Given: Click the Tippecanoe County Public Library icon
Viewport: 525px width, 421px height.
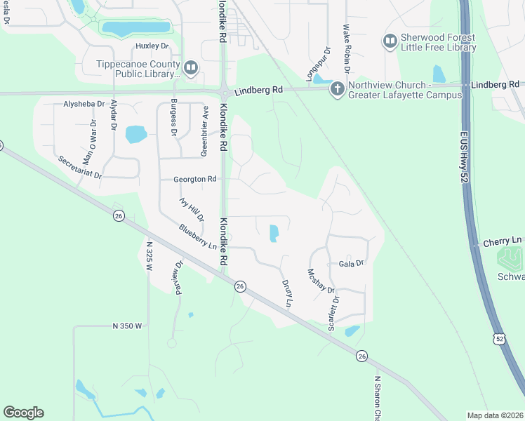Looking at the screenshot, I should (191, 67).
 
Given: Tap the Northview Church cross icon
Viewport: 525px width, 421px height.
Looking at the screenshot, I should (337, 88).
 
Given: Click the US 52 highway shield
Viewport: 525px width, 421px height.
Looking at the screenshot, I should (499, 338).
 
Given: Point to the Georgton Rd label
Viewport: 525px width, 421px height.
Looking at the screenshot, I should (195, 180).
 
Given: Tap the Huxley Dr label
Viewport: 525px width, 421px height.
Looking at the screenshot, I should (152, 46).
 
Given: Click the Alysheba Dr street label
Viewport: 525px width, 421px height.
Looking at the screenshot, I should (84, 103).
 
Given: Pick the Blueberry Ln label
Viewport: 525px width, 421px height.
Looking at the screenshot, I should (197, 236).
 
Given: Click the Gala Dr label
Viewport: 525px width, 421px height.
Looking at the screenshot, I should (352, 263).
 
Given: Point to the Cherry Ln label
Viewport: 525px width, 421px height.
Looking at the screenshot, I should (503, 241).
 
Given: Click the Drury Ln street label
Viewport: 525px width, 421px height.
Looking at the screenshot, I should (286, 293).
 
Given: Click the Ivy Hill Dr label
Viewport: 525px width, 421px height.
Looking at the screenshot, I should (191, 209).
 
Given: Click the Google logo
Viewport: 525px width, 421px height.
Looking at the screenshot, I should (23, 413).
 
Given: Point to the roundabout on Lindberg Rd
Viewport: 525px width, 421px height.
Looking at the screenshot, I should (224, 93).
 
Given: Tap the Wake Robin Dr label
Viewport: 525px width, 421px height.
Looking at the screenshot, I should (346, 48).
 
